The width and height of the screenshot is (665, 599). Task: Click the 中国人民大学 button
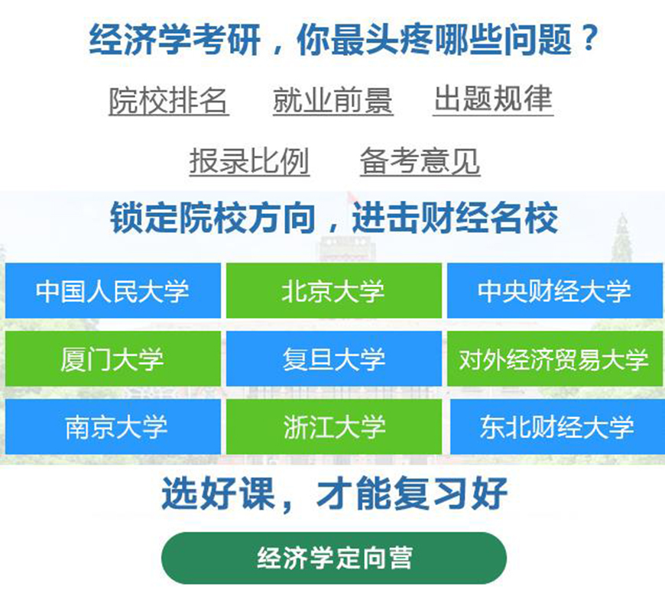113,290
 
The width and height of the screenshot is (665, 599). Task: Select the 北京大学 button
333,290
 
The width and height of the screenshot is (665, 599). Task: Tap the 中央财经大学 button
554,290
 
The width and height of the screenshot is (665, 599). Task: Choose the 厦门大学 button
113,358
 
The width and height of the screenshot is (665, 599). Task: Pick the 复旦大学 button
333,358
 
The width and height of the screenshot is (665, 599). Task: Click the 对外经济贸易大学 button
554,358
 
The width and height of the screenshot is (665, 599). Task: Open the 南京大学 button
113,426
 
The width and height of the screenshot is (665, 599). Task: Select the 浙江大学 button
333,426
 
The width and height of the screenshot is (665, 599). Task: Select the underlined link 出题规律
493,99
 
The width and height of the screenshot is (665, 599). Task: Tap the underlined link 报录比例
249,161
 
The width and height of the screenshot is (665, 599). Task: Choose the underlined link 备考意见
420,161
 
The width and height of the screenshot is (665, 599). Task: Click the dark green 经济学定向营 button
333,557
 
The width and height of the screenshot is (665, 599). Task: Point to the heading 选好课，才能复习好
333,494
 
